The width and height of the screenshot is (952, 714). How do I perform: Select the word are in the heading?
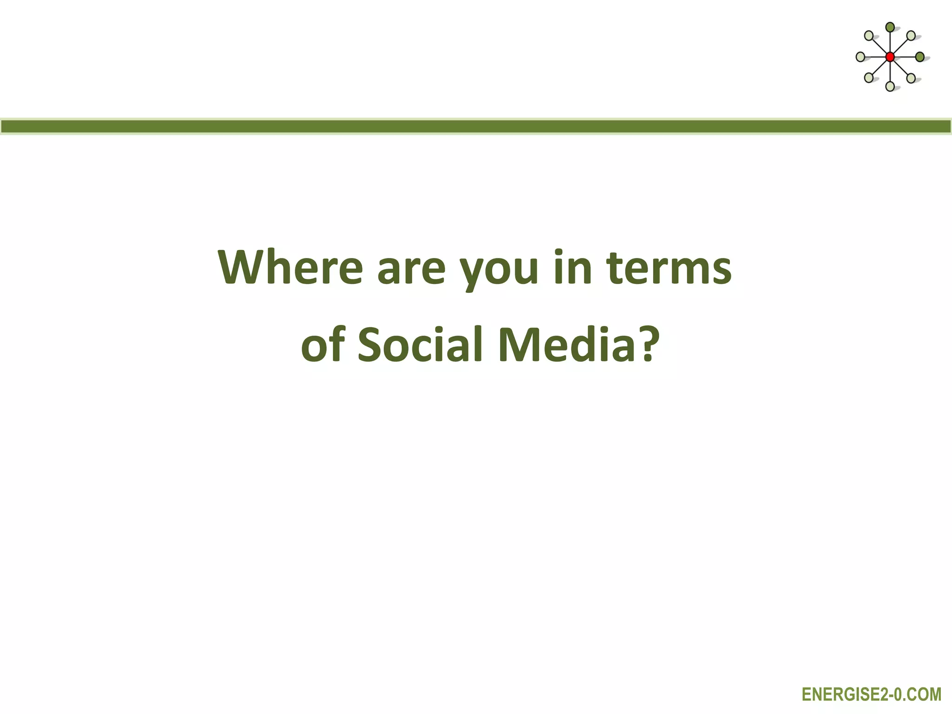click(x=411, y=270)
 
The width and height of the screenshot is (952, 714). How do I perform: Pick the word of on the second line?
click(x=323, y=345)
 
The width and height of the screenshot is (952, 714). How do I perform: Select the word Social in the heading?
click(x=421, y=345)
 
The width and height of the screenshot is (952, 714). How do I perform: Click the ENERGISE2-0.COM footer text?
click(x=872, y=694)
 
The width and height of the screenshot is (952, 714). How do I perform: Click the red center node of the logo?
click(x=890, y=57)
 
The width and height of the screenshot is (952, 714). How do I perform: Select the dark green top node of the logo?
click(x=890, y=27)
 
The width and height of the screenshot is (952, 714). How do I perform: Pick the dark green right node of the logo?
click(x=919, y=57)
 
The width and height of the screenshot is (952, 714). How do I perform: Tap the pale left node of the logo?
click(x=860, y=57)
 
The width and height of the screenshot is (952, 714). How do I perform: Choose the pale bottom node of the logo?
click(x=890, y=86)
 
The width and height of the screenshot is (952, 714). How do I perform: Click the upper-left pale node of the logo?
click(x=868, y=36)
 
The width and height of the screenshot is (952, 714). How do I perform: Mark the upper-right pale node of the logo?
click(x=911, y=36)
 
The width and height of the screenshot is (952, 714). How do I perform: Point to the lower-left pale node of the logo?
click(x=868, y=78)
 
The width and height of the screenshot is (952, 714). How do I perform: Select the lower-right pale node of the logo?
click(x=911, y=78)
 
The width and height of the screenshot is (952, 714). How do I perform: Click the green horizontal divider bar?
click(x=476, y=126)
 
